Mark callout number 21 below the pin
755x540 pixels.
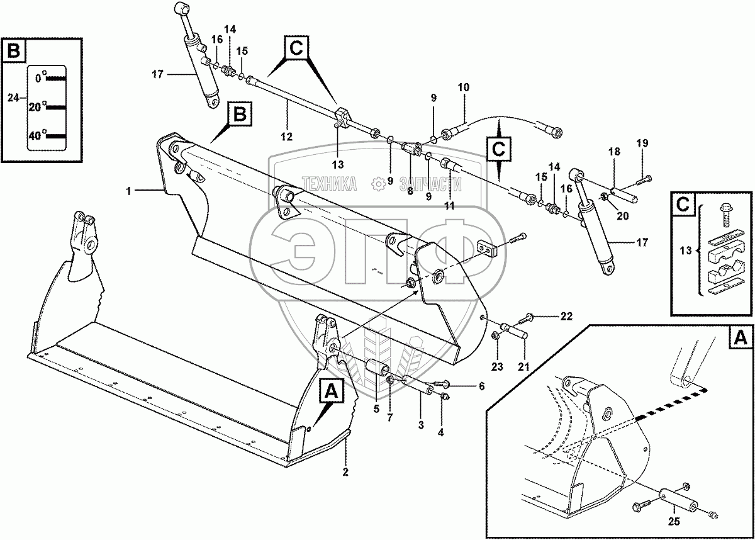click(x=523, y=366)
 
